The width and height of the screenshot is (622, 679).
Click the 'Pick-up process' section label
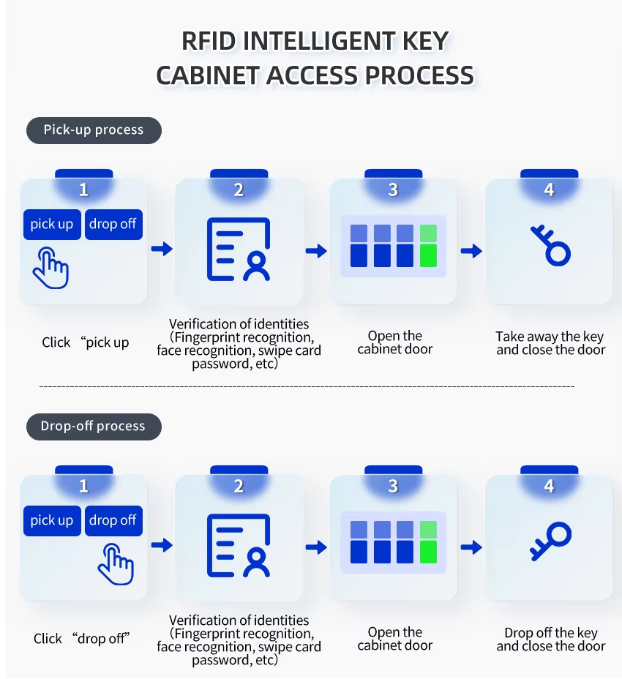click(94, 130)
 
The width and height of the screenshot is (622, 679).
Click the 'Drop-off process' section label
click(94, 427)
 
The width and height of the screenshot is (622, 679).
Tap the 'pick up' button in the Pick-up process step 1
click(52, 225)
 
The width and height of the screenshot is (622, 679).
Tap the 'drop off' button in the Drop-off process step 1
click(113, 520)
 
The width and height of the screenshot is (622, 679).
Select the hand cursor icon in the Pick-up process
click(50, 268)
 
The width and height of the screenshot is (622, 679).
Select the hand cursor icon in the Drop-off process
click(116, 564)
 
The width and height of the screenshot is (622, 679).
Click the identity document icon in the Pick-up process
click(239, 250)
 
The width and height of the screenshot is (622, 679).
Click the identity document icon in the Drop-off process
click(239, 547)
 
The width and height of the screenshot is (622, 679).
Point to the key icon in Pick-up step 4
click(550, 246)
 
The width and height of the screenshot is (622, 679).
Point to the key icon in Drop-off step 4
click(550, 541)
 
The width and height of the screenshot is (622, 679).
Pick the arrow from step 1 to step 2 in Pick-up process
click(162, 250)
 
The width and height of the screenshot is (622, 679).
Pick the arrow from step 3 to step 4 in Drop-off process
click(472, 547)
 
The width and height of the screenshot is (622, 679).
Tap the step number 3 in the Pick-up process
click(393, 190)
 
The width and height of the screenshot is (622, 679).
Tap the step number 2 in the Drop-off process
click(239, 487)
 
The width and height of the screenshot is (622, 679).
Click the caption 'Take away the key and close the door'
click(550, 343)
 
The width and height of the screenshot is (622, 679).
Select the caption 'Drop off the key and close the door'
click(550, 639)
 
